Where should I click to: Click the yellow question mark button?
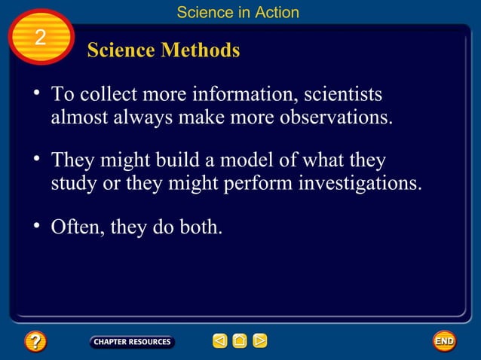(35, 341)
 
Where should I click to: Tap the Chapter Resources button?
(132, 342)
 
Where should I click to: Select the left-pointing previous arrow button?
(219, 341)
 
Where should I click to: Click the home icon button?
(239, 341)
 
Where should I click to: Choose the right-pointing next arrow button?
(259, 341)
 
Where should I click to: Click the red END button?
(444, 341)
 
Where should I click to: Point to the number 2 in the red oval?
(41, 38)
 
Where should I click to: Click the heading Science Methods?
(164, 50)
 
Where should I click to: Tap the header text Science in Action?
(237, 12)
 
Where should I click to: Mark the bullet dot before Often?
(35, 224)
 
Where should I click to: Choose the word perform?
(256, 184)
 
